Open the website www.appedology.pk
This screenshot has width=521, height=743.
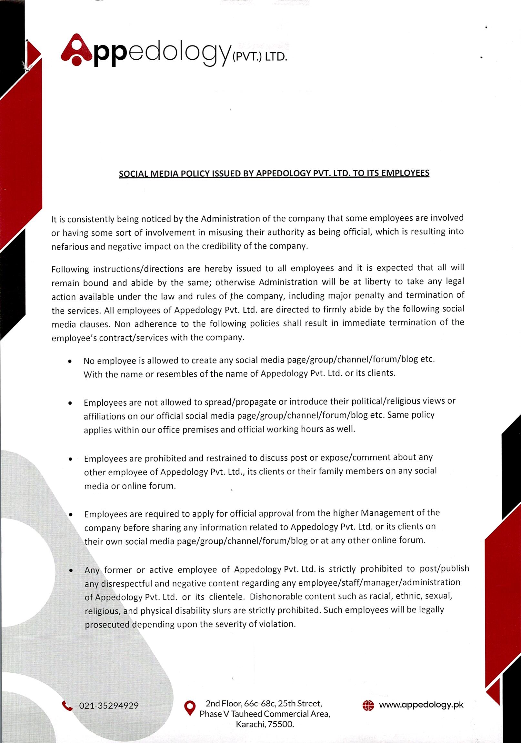tap(421, 705)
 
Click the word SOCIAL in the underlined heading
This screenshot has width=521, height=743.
tap(132, 174)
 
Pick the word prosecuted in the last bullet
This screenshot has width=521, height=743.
tap(107, 625)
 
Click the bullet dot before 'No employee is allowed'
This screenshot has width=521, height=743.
tap(70, 362)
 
